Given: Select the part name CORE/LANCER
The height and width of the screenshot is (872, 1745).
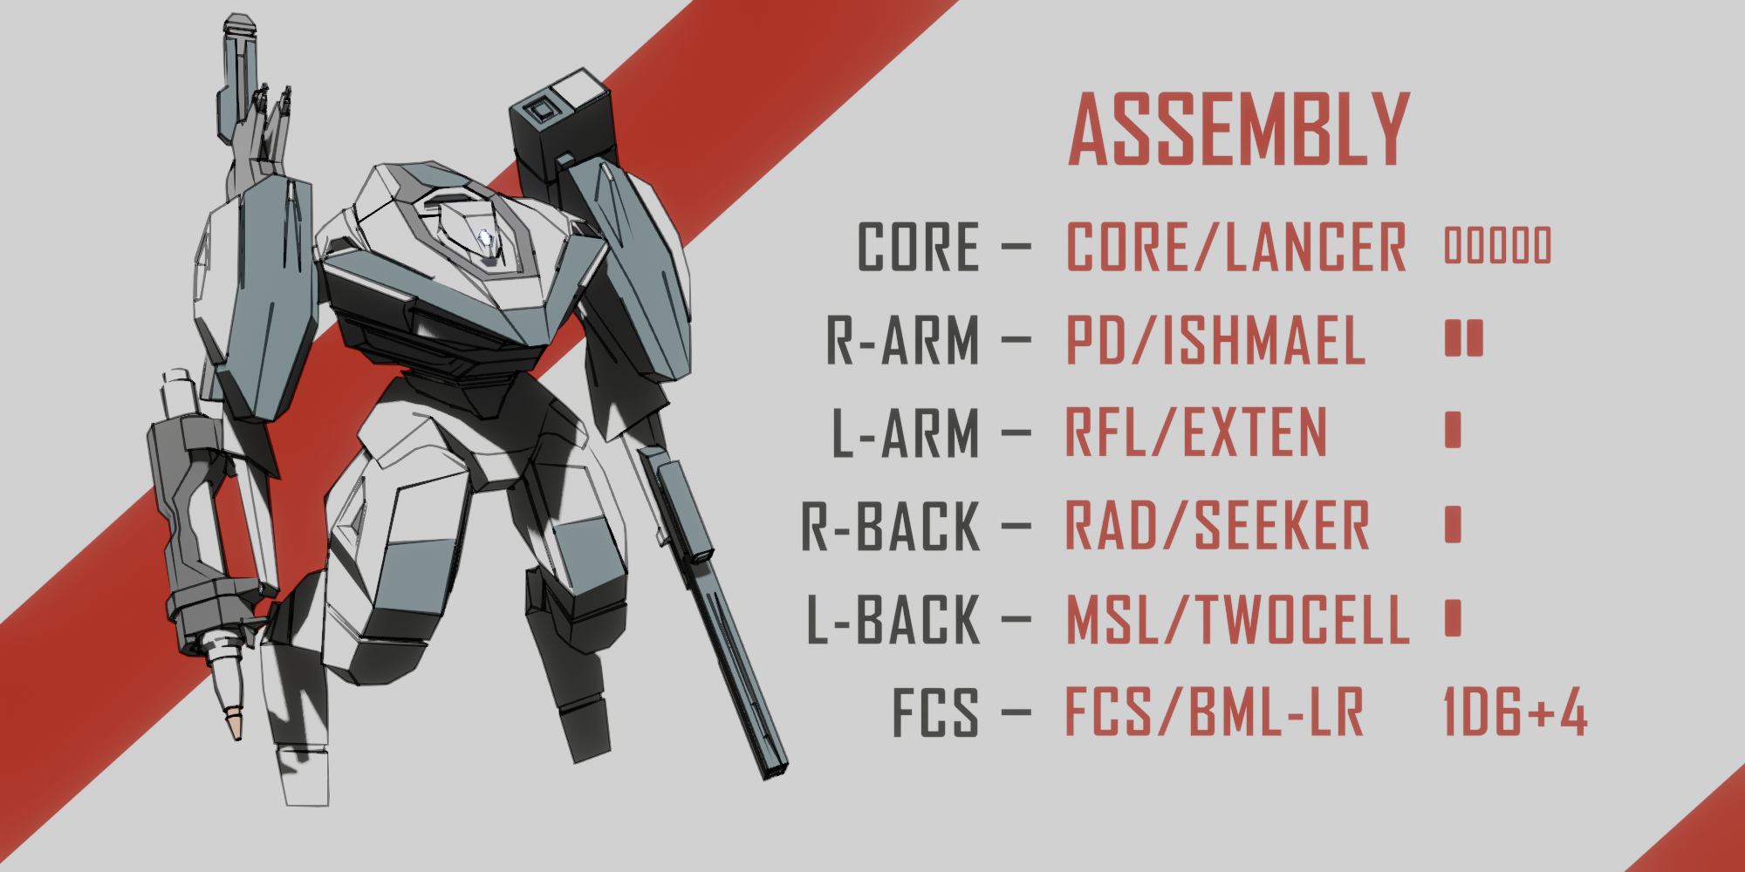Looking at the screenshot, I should point(1235,248).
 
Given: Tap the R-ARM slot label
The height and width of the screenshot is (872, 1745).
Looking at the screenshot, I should point(903,340).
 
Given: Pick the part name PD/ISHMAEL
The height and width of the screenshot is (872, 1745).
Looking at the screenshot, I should point(1215,340).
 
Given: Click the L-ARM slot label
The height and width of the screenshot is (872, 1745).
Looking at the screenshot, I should point(906,433).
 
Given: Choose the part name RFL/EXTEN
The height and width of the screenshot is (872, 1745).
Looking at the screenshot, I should point(1195,433).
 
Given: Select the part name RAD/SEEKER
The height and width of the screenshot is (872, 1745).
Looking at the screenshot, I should point(1217,527).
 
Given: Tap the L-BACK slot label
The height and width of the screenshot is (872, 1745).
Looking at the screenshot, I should point(893,621).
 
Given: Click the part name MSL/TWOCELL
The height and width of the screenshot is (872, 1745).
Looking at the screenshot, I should point(1237,621).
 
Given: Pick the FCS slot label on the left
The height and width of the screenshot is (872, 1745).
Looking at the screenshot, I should point(934,713).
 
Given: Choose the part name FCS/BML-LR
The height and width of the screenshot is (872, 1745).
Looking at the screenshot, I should point(1214,713).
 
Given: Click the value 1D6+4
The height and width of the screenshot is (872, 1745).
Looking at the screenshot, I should point(1516,712).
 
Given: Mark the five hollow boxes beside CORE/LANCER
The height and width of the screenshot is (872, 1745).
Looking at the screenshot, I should point(1498,245).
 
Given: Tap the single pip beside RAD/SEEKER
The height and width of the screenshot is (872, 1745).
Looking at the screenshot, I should point(1453,524).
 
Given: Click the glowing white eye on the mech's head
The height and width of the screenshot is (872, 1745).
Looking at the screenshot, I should point(486,238).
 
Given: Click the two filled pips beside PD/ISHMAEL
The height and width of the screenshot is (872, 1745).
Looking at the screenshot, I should point(1463,338).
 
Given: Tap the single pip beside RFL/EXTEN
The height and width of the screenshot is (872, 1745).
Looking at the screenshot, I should point(1453,430).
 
